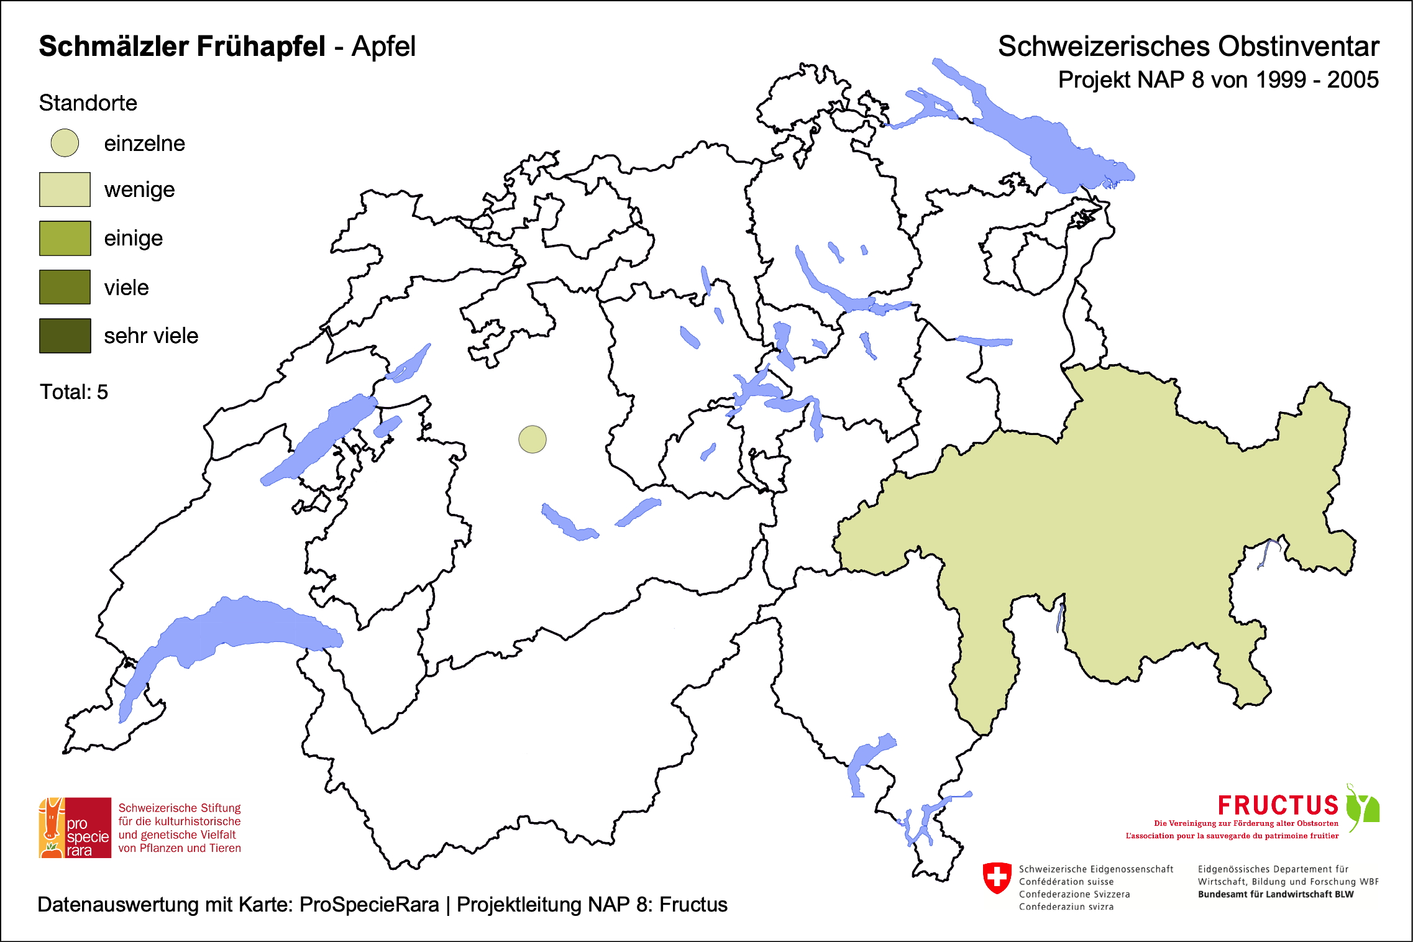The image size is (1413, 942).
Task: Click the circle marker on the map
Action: coord(533,439)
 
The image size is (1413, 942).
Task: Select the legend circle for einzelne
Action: coord(65,143)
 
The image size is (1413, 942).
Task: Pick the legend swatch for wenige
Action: coord(65,190)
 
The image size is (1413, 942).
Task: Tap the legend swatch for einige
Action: coord(65,238)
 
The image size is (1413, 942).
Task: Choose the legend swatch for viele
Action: coord(65,287)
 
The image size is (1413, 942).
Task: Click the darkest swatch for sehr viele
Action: coord(65,336)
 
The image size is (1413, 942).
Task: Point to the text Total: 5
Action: coord(74,392)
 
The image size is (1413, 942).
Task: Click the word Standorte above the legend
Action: coord(88,103)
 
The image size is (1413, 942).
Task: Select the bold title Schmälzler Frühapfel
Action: coord(182,47)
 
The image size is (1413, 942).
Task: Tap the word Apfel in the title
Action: coord(383,47)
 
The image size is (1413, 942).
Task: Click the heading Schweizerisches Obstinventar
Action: coord(1188,47)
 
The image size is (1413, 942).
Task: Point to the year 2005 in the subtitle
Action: coord(1353,80)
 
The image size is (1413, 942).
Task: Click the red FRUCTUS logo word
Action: coord(1278,805)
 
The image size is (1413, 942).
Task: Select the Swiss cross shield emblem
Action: coord(997,877)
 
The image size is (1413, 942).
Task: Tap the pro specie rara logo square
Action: coord(75,828)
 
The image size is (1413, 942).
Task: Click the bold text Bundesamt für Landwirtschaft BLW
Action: coord(1276,894)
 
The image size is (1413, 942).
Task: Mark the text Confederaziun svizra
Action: coord(1066,907)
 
